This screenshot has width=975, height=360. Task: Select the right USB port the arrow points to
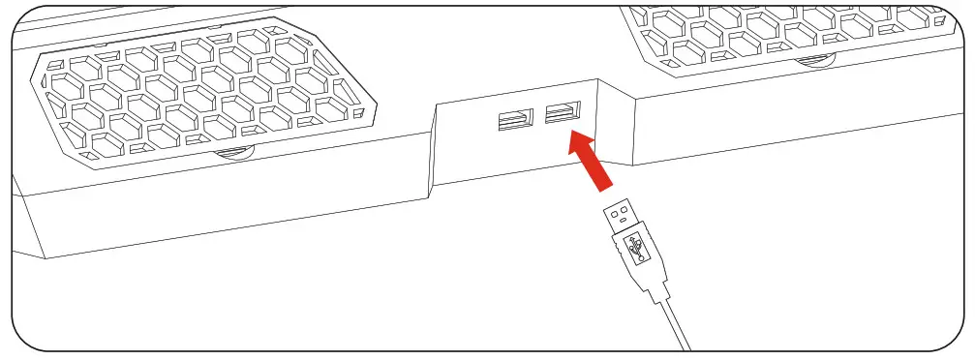coord(561,113)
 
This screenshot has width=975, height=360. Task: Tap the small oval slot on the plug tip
coord(625,225)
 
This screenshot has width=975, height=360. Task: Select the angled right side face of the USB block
coord(613,126)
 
